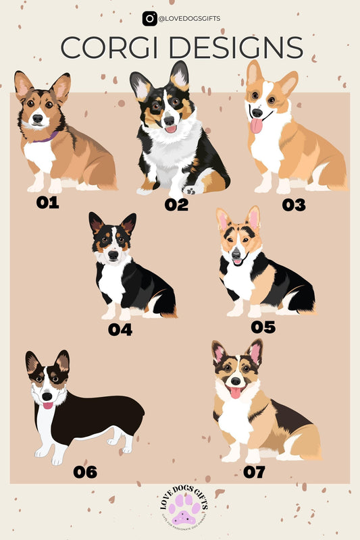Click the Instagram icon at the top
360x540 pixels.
click(x=149, y=19)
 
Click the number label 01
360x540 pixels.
click(x=48, y=202)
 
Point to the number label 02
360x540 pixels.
click(x=176, y=205)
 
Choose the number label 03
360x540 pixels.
click(x=294, y=205)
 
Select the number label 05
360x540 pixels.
click(x=263, y=327)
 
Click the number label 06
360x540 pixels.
click(x=85, y=472)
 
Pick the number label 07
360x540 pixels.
click(x=254, y=472)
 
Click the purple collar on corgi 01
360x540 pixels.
click(x=46, y=138)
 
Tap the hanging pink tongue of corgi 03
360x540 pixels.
click(x=256, y=126)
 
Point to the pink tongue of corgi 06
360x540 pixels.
click(x=48, y=406)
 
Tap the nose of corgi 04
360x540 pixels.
click(x=112, y=250)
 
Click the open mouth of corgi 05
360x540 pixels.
click(x=237, y=261)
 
